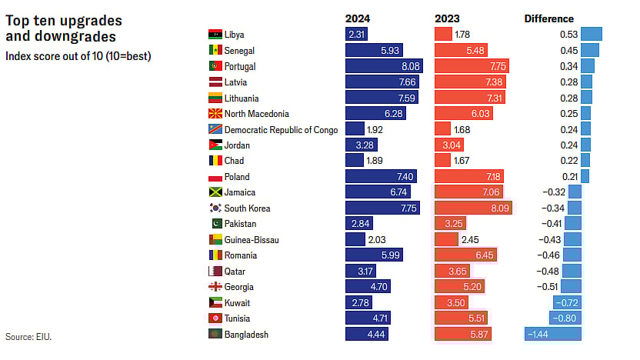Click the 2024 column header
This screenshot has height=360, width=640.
coord(358,18)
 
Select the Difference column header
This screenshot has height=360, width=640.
coord(548,18)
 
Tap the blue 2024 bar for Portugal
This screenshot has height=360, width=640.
coord(383,66)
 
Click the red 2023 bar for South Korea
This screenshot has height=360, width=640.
coord(473,208)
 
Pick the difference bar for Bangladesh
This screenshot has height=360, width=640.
coord(552,334)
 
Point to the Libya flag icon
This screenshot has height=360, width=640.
coord(215,35)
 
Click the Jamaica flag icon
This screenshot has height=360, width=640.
coord(215,192)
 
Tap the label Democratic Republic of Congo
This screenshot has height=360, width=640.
coord(281,129)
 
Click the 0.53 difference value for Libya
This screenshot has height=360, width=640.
coord(569,35)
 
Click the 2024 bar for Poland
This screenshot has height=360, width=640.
coord(381,177)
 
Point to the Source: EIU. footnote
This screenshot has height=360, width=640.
coord(28,337)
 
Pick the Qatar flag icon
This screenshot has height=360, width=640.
coord(215,271)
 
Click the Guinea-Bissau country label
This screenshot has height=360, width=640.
coord(252,239)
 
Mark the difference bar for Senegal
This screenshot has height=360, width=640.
coord(589,50)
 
